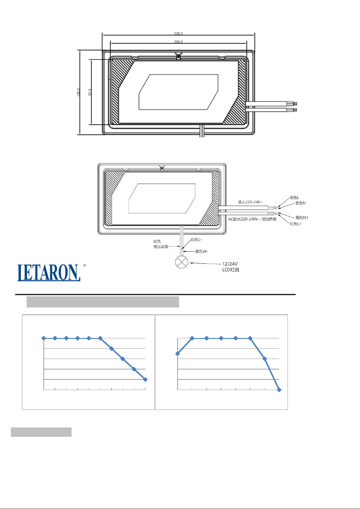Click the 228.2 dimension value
[x=178, y=34]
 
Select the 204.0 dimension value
[x=178, y=42]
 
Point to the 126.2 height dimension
[x=78, y=92]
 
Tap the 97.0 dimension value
[x=90, y=92]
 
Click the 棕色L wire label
[x=294, y=198]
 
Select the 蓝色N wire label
[x=300, y=203]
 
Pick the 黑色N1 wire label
[x=302, y=218]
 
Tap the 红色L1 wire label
[x=295, y=224]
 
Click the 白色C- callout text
[x=196, y=240]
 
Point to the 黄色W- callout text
[x=201, y=251]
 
